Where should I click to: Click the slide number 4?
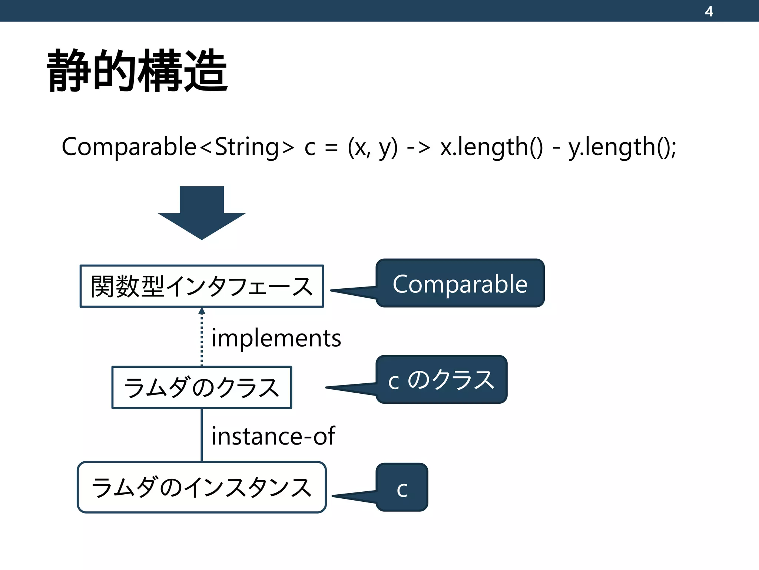coord(709,11)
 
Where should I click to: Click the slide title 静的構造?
coord(137,71)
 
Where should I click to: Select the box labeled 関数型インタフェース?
coord(202,286)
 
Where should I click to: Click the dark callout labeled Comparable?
coord(460,284)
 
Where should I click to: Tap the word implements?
coord(276,338)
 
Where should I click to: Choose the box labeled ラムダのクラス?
coord(202,387)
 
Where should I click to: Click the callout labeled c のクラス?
coord(441,380)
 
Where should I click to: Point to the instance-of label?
coord(273,436)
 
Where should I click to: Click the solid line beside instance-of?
coord(202,435)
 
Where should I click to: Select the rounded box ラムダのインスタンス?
coord(202,487)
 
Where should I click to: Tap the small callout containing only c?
coord(402,488)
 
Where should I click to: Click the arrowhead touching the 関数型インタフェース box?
coord(202,311)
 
